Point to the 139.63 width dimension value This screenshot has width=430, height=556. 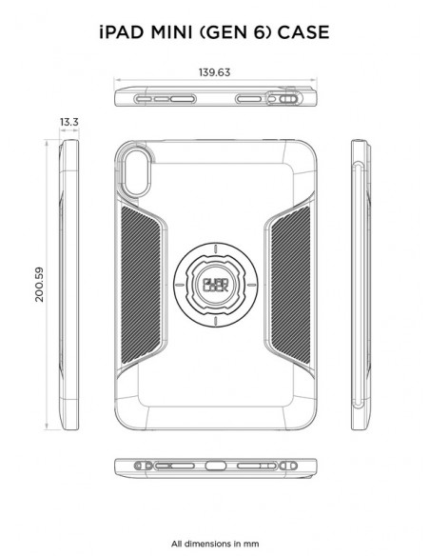coord(215,71)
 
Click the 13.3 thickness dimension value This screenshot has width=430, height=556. coord(68,123)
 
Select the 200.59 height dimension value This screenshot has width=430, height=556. coord(37,283)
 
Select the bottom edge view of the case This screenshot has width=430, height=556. coord(215,469)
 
